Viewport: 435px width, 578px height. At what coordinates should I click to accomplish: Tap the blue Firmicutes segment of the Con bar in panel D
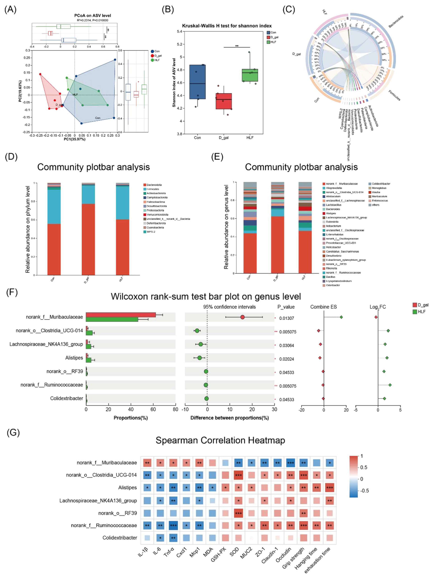(x=54, y=206)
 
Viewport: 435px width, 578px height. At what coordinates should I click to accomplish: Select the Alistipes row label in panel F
(x=74, y=358)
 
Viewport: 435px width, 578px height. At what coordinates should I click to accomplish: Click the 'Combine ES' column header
(x=323, y=307)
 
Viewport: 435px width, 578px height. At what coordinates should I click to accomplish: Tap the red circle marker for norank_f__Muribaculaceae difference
(x=242, y=317)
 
